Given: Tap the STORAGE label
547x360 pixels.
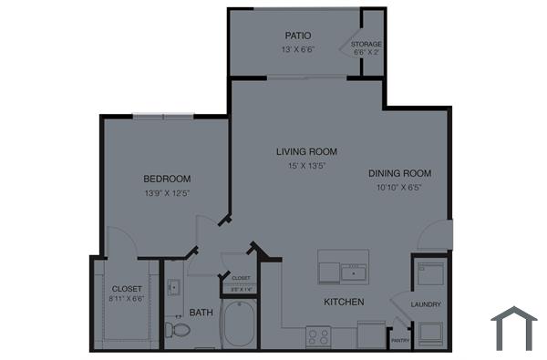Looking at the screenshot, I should click(367, 44).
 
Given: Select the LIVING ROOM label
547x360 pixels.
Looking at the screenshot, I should click(307, 151).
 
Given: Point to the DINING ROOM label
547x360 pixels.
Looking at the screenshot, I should click(399, 173).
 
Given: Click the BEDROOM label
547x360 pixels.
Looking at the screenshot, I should click(167, 178).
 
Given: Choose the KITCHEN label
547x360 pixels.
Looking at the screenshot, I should click(344, 302).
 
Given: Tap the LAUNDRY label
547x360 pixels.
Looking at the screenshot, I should click(426, 304).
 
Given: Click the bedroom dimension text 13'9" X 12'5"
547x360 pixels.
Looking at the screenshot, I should click(167, 193).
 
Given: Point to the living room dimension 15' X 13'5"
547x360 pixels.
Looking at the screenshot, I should click(307, 166).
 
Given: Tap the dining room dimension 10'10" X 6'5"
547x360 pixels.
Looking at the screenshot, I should click(399, 188).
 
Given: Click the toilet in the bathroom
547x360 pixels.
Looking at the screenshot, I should click(176, 329).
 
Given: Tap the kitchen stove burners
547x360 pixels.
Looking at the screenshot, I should click(318, 336).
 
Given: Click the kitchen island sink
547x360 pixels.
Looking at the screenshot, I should click(352, 272).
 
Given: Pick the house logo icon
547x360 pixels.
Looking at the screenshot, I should click(513, 327).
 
